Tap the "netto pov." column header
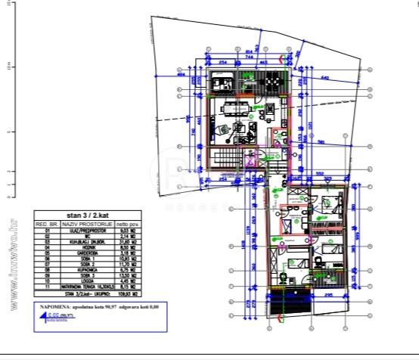coord(127,225)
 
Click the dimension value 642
coord(324,77)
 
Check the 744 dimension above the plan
coord(248,57)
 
